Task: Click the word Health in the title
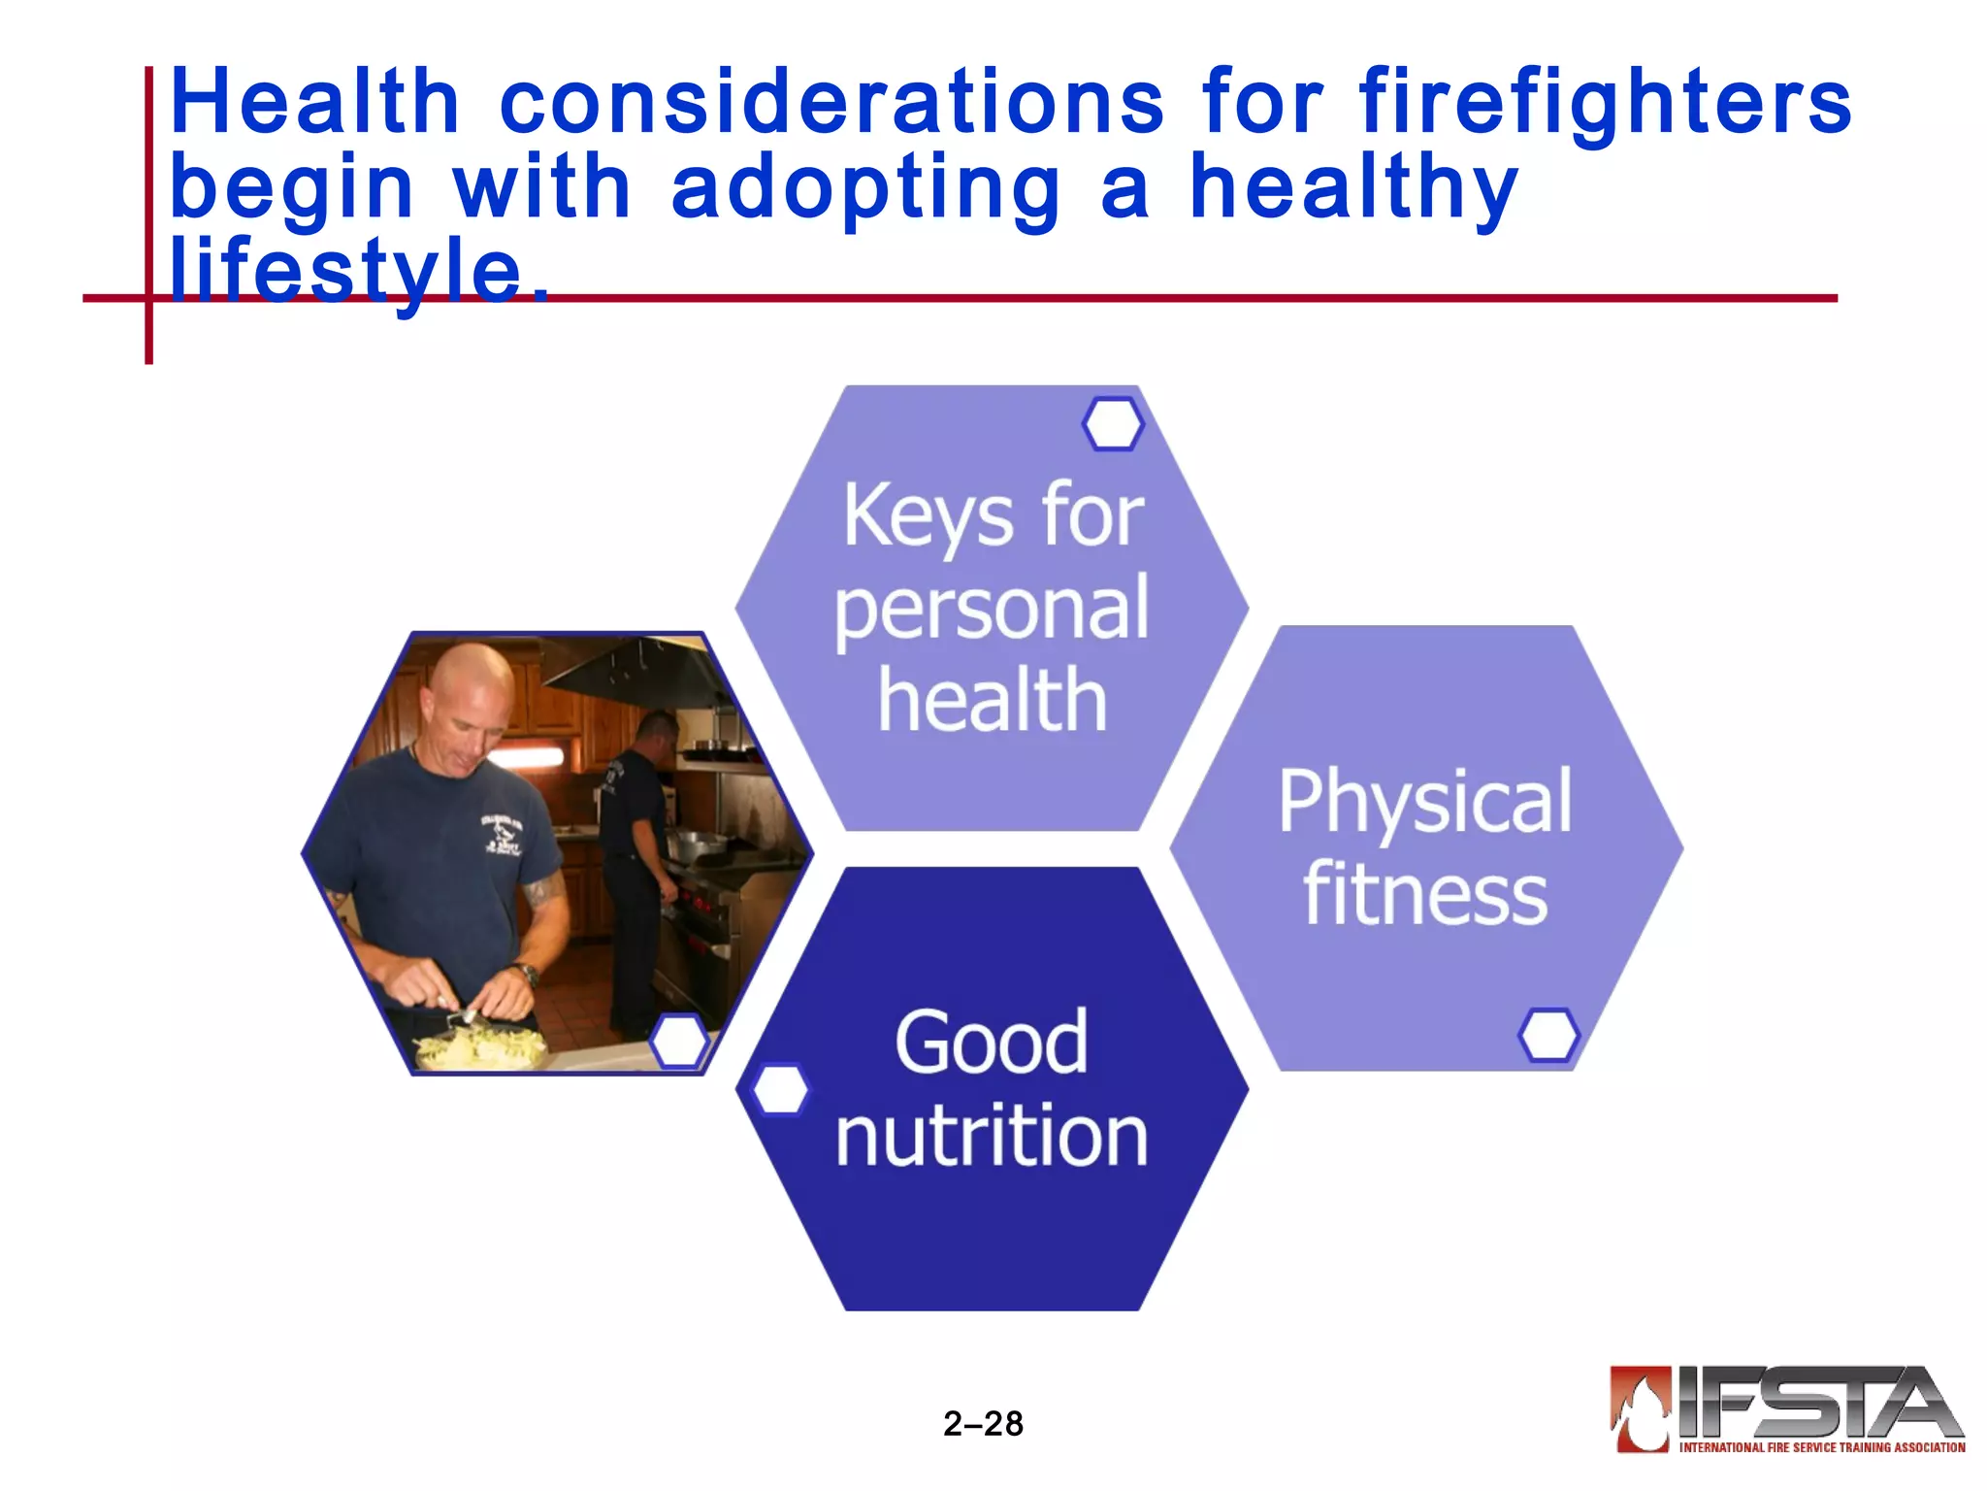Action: coord(314,102)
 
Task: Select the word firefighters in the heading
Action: coord(1606,102)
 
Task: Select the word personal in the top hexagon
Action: coord(992,610)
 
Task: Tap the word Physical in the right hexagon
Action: coord(1424,801)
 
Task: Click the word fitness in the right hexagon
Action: coord(1424,894)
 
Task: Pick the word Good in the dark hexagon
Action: coord(992,1043)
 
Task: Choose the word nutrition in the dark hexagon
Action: coord(992,1136)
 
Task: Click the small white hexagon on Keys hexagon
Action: coord(1113,424)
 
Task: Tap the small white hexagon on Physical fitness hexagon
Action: coord(1548,1035)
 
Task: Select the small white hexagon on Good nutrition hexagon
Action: coord(780,1089)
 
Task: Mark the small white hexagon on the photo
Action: coord(679,1041)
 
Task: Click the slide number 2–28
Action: coord(983,1424)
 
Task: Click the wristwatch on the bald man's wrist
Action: coord(528,973)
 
